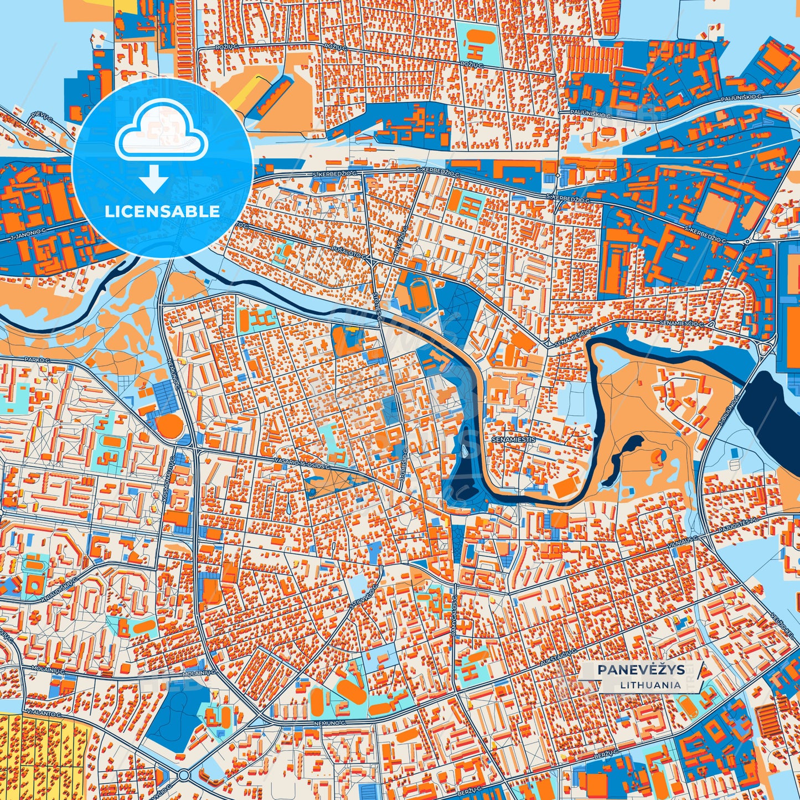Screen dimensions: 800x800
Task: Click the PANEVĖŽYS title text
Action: coord(641,670)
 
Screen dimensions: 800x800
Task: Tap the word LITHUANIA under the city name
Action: coord(650,685)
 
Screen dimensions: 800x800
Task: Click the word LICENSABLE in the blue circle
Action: coord(162,211)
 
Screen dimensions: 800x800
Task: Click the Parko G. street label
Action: coord(37,360)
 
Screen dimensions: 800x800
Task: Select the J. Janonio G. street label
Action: coord(27,233)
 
